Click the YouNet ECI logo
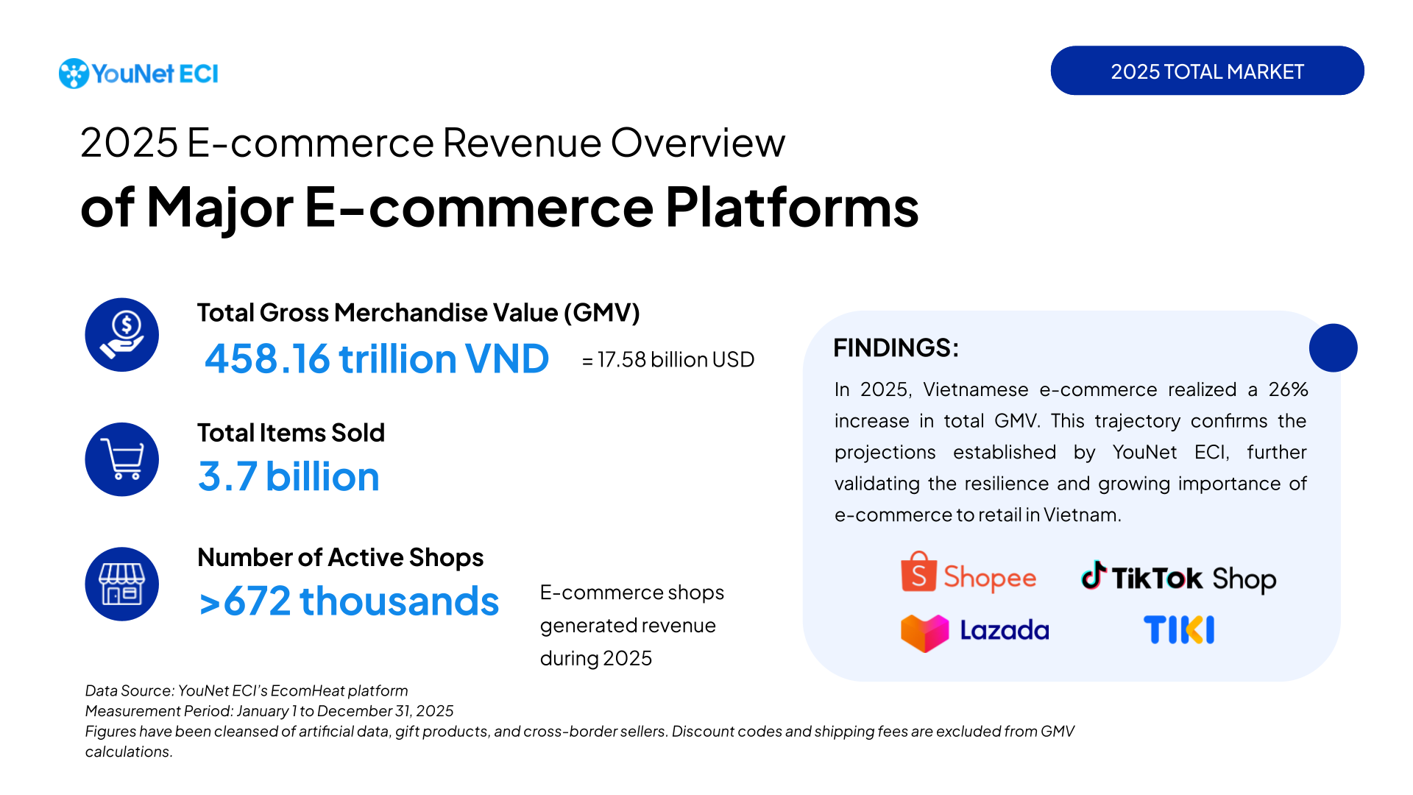pos(138,74)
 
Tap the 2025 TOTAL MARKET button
pos(1207,71)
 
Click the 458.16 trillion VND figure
pos(377,359)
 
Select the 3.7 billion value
pos(288,477)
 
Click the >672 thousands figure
pos(349,601)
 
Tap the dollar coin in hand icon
pos(122,335)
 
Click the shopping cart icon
pos(122,459)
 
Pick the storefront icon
pos(122,584)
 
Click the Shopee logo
pos(968,575)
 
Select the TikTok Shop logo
pos(1178,578)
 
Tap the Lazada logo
pos(975,632)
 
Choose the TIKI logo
pos(1179,630)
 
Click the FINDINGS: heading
pos(896,347)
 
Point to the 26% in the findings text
pos(1288,389)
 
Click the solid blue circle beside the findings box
pos(1333,347)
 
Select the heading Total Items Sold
pos(291,433)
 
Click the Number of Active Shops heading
pos(340,557)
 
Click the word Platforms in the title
pos(792,208)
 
